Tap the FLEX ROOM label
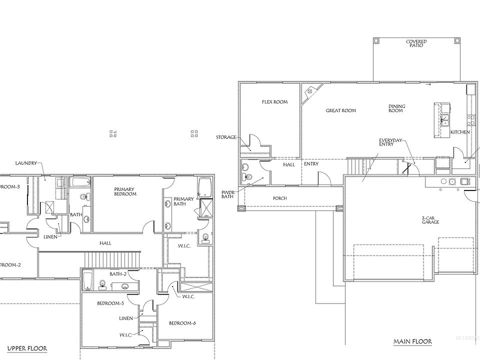[x=275, y=102]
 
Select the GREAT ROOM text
[x=341, y=110]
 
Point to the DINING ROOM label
[x=396, y=108]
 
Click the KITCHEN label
[x=460, y=132]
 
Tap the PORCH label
[x=279, y=198]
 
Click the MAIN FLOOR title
[x=412, y=342]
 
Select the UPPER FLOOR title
[x=27, y=348]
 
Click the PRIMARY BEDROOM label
[x=125, y=191]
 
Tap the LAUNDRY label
[x=26, y=163]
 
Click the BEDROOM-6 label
[x=182, y=323]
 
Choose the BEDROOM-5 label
[x=110, y=303]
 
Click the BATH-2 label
[x=117, y=274]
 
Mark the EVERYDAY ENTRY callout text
[x=390, y=142]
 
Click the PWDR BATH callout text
[x=228, y=194]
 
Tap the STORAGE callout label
[x=226, y=137]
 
